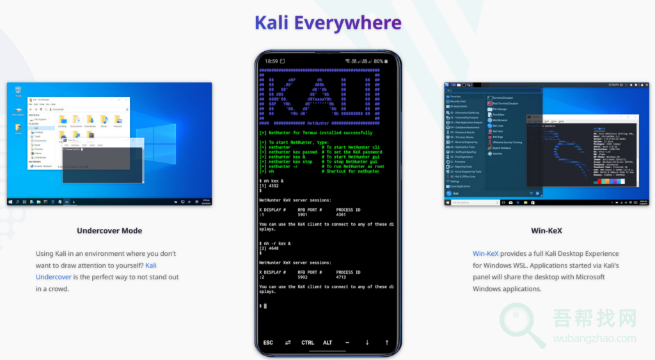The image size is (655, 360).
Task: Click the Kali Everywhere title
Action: pos(327,23)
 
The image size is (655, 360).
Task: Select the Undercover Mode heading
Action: pos(109,231)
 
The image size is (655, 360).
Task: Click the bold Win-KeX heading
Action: pos(546,231)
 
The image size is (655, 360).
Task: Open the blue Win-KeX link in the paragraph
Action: pos(485,254)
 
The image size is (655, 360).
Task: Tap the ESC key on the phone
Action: pos(268,343)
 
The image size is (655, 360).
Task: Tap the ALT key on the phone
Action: pos(327,343)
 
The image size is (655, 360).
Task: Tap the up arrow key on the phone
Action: pos(387,343)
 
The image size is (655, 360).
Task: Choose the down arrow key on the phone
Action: pos(367,343)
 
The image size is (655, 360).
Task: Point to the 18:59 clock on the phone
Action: pos(271,61)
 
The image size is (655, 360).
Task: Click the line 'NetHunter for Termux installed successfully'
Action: pos(316,133)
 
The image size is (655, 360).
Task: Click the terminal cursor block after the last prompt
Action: pos(265,306)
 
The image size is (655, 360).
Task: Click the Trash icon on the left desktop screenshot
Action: pos(18,91)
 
